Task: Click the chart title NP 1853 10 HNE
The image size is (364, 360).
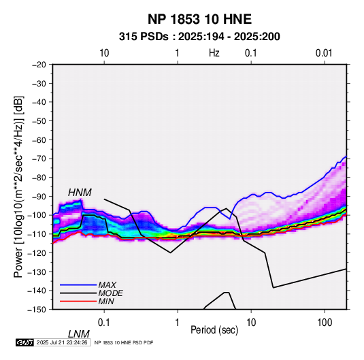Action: (199, 19)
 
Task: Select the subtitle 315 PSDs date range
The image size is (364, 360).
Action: (199, 37)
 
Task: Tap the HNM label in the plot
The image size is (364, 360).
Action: (80, 193)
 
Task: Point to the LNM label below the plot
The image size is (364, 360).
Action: (79, 334)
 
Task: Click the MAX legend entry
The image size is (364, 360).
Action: (107, 284)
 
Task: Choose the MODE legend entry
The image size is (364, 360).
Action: (110, 293)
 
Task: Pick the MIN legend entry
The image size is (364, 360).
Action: (106, 301)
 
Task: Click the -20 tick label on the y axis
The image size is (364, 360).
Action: (39, 65)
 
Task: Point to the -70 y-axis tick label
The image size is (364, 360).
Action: (39, 159)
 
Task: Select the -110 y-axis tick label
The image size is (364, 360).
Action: (37, 234)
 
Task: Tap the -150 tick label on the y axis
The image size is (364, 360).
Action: (37, 310)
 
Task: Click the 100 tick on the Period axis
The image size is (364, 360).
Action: (325, 323)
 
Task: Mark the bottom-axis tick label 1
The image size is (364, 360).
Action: (177, 323)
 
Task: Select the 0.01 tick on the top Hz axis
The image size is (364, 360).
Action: (324, 53)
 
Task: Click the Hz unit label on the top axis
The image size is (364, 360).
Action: (214, 53)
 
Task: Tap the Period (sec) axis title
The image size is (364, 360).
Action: (214, 330)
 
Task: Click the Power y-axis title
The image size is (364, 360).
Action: (18, 186)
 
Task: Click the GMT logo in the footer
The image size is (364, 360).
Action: (24, 342)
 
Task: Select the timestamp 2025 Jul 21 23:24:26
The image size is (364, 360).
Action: (62, 342)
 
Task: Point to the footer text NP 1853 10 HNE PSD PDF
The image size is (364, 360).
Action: (124, 342)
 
